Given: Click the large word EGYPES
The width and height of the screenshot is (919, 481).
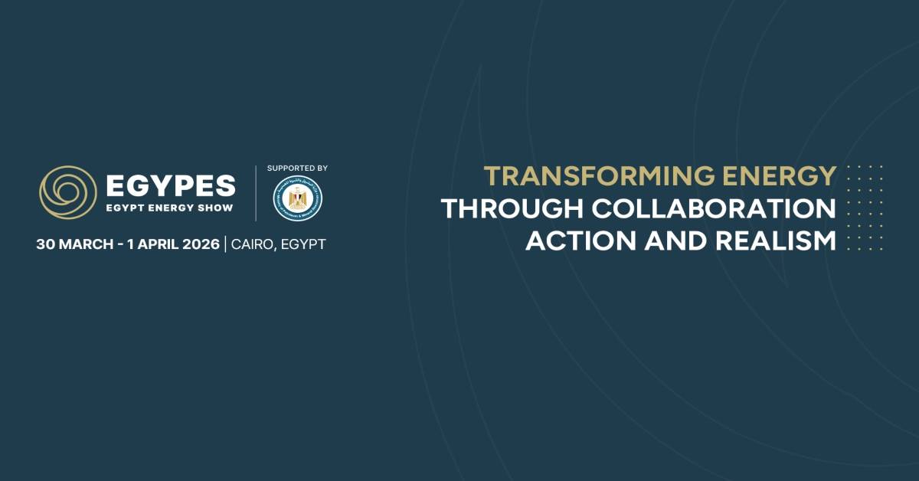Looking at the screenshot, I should tap(171, 185).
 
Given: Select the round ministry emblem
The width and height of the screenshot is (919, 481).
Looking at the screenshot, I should tap(297, 198).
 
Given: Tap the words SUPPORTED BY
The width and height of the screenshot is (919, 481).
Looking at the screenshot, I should tap(297, 168).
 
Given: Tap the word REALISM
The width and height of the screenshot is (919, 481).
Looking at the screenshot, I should tap(775, 240).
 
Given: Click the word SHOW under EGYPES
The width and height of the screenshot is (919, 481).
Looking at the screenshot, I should tap(217, 207).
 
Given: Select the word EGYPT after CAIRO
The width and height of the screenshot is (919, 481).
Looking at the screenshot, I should tap(304, 244).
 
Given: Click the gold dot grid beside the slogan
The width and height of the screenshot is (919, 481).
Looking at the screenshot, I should tap(865, 207).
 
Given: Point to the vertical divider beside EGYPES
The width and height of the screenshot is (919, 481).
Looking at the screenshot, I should tap(256, 192).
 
